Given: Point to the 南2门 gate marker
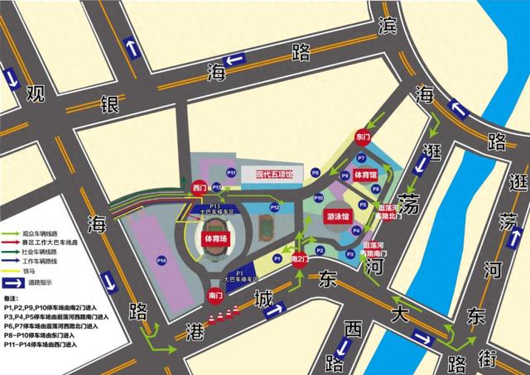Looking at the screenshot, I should [x=300, y=259].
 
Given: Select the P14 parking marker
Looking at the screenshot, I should [x=161, y=262].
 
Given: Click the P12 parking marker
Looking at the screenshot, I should [x=275, y=207].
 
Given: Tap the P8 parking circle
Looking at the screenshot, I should [x=316, y=172].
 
